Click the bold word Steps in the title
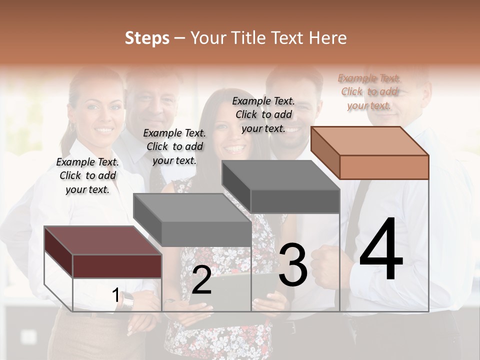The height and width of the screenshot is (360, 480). click(147, 38)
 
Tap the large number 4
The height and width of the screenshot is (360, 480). click(381, 249)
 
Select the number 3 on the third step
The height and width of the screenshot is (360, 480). click(293, 265)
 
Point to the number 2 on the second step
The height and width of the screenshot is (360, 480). click(201, 280)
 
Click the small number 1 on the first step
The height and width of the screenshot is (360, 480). click(115, 295)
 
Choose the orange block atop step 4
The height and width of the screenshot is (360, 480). click(370, 152)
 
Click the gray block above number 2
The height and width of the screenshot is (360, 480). click(192, 220)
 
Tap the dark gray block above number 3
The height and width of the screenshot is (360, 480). click(281, 187)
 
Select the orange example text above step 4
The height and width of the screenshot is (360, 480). click(369, 91)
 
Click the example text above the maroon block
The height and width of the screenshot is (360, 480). click(87, 175)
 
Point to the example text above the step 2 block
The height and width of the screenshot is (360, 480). click(174, 146)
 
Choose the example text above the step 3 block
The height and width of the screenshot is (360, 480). click(263, 114)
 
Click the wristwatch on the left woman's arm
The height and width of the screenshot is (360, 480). click(128, 300)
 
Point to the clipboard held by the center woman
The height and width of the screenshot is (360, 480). click(225, 295)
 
